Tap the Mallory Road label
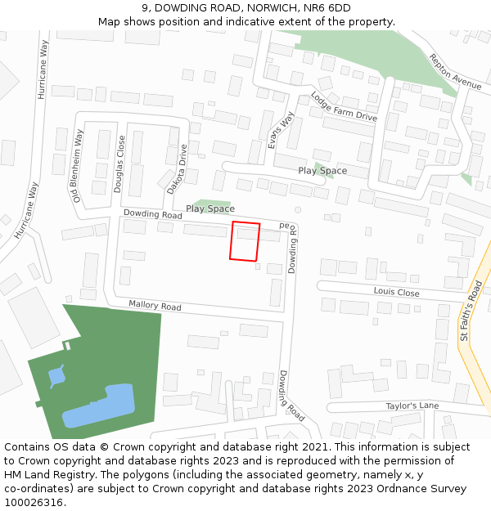pos(155,306)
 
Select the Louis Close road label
pos(396,292)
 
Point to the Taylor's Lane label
pos(412,406)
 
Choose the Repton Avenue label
pos(455,71)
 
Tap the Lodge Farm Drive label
pos(344,106)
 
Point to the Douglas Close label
pos(120,164)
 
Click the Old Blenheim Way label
pos(79,165)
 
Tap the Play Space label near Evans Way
pos(322,171)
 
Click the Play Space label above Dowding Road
pos(210,208)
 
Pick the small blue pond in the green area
pos(56,377)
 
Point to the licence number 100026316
pos(34,502)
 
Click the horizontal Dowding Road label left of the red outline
pos(152,215)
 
